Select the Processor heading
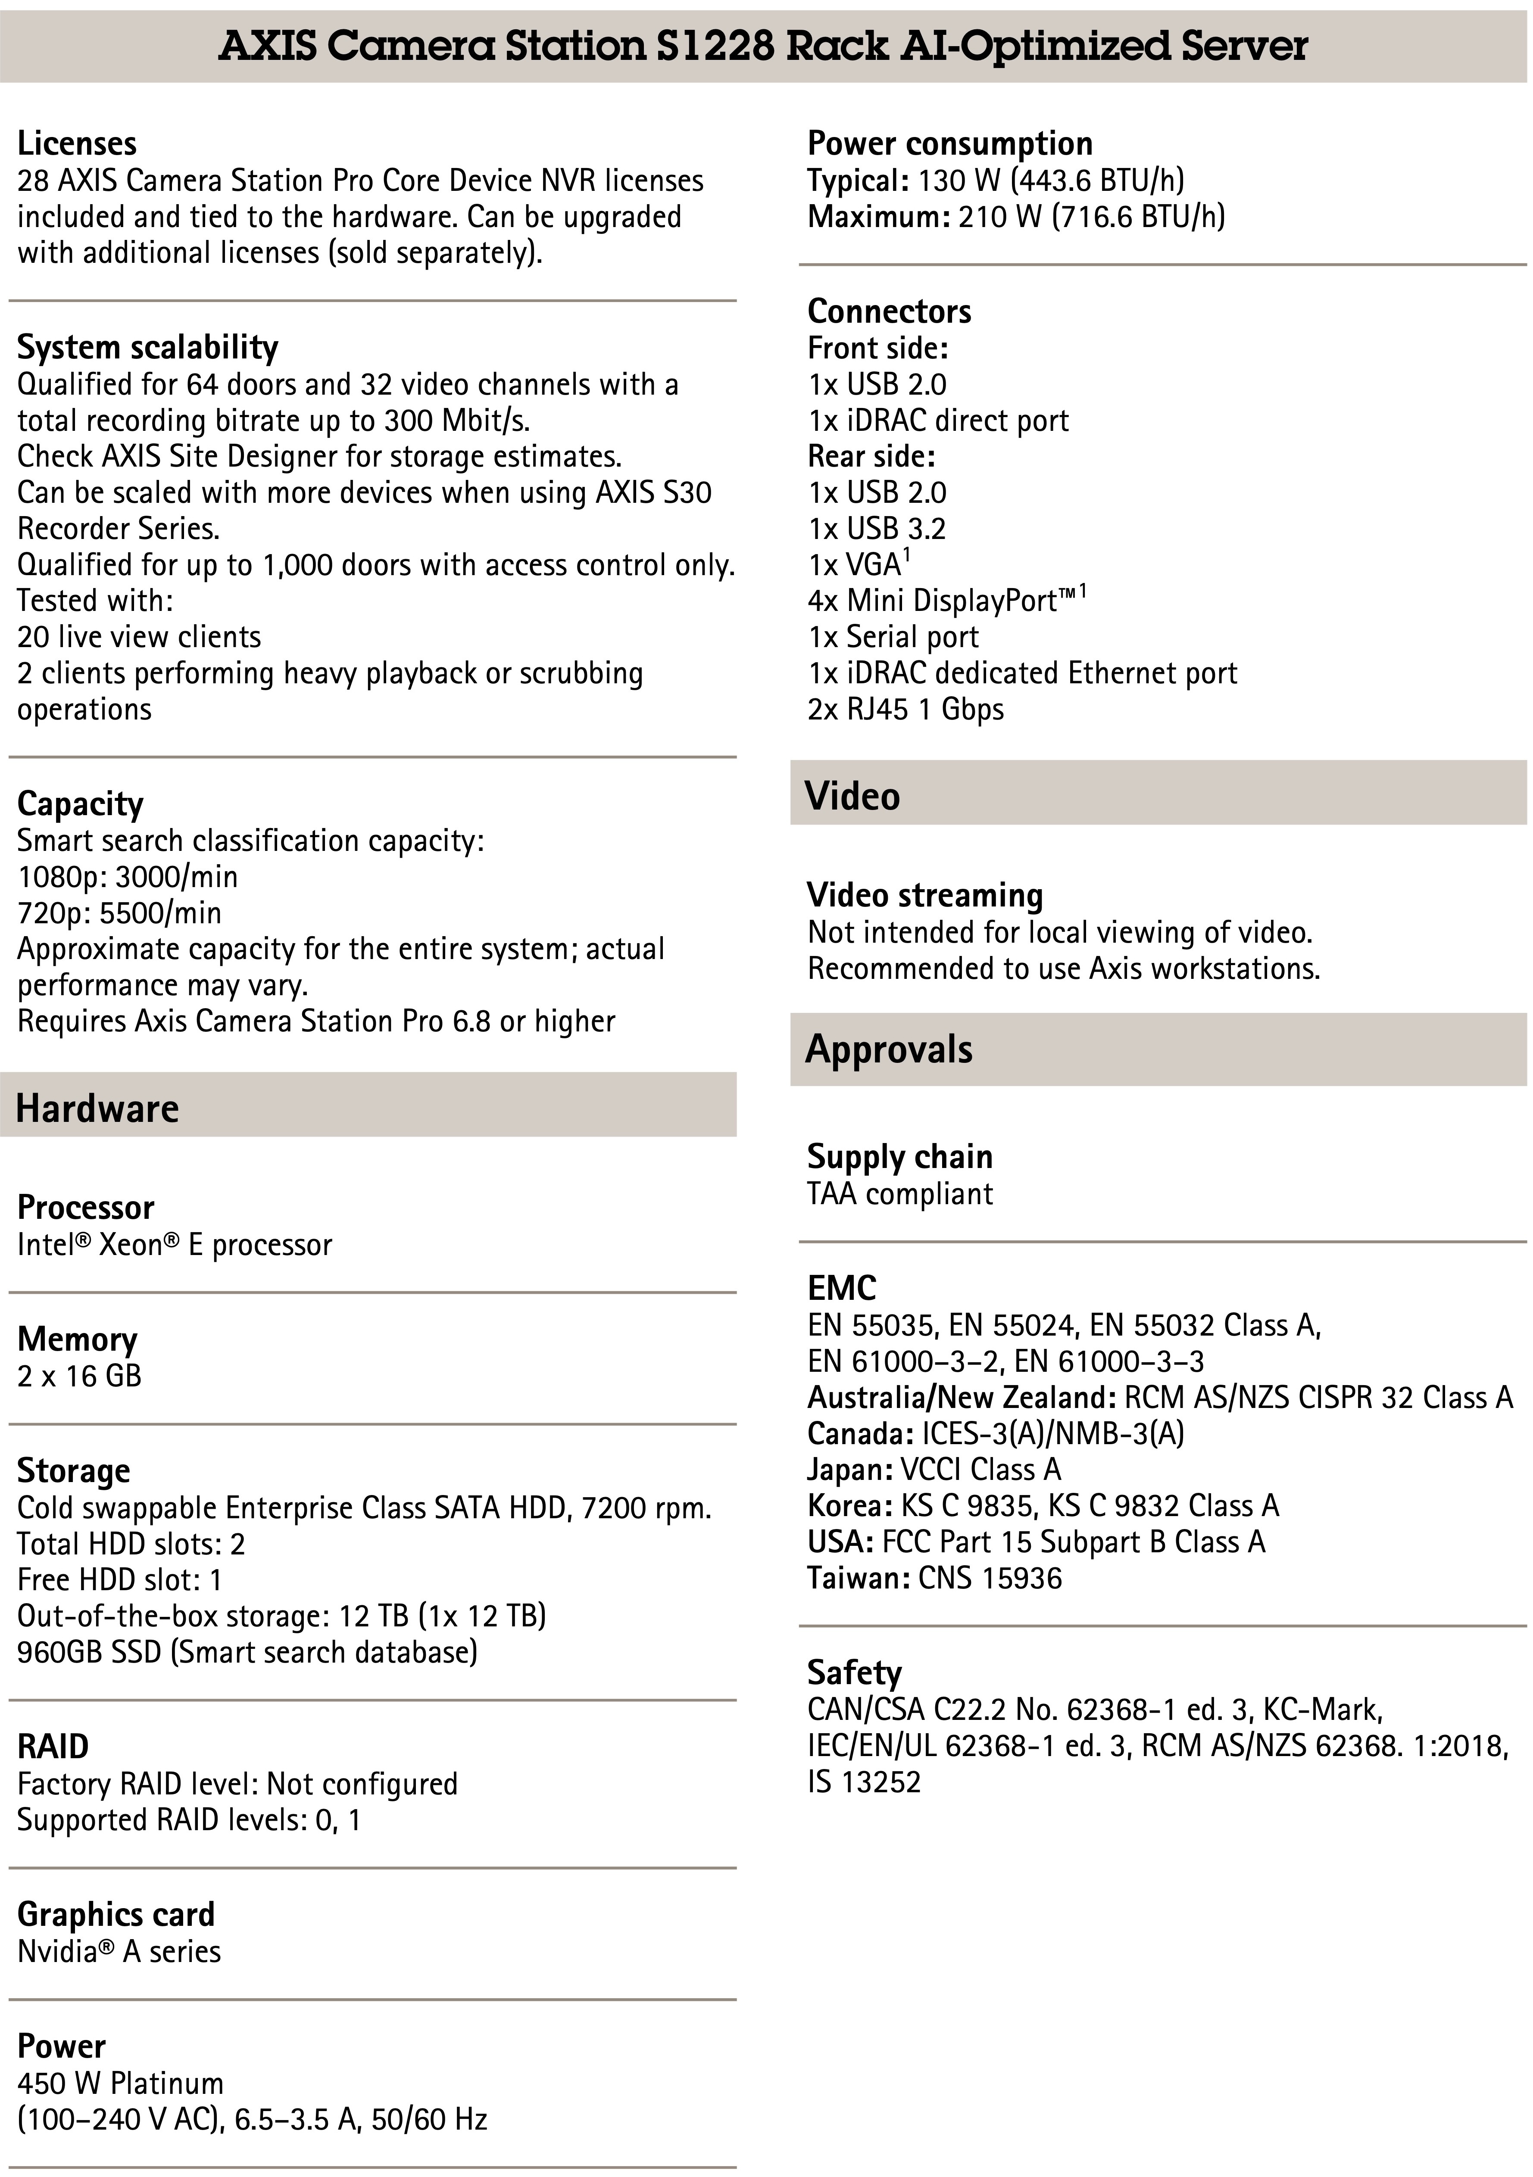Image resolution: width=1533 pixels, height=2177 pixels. (x=85, y=1208)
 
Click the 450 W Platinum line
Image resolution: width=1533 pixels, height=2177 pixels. (x=121, y=2083)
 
